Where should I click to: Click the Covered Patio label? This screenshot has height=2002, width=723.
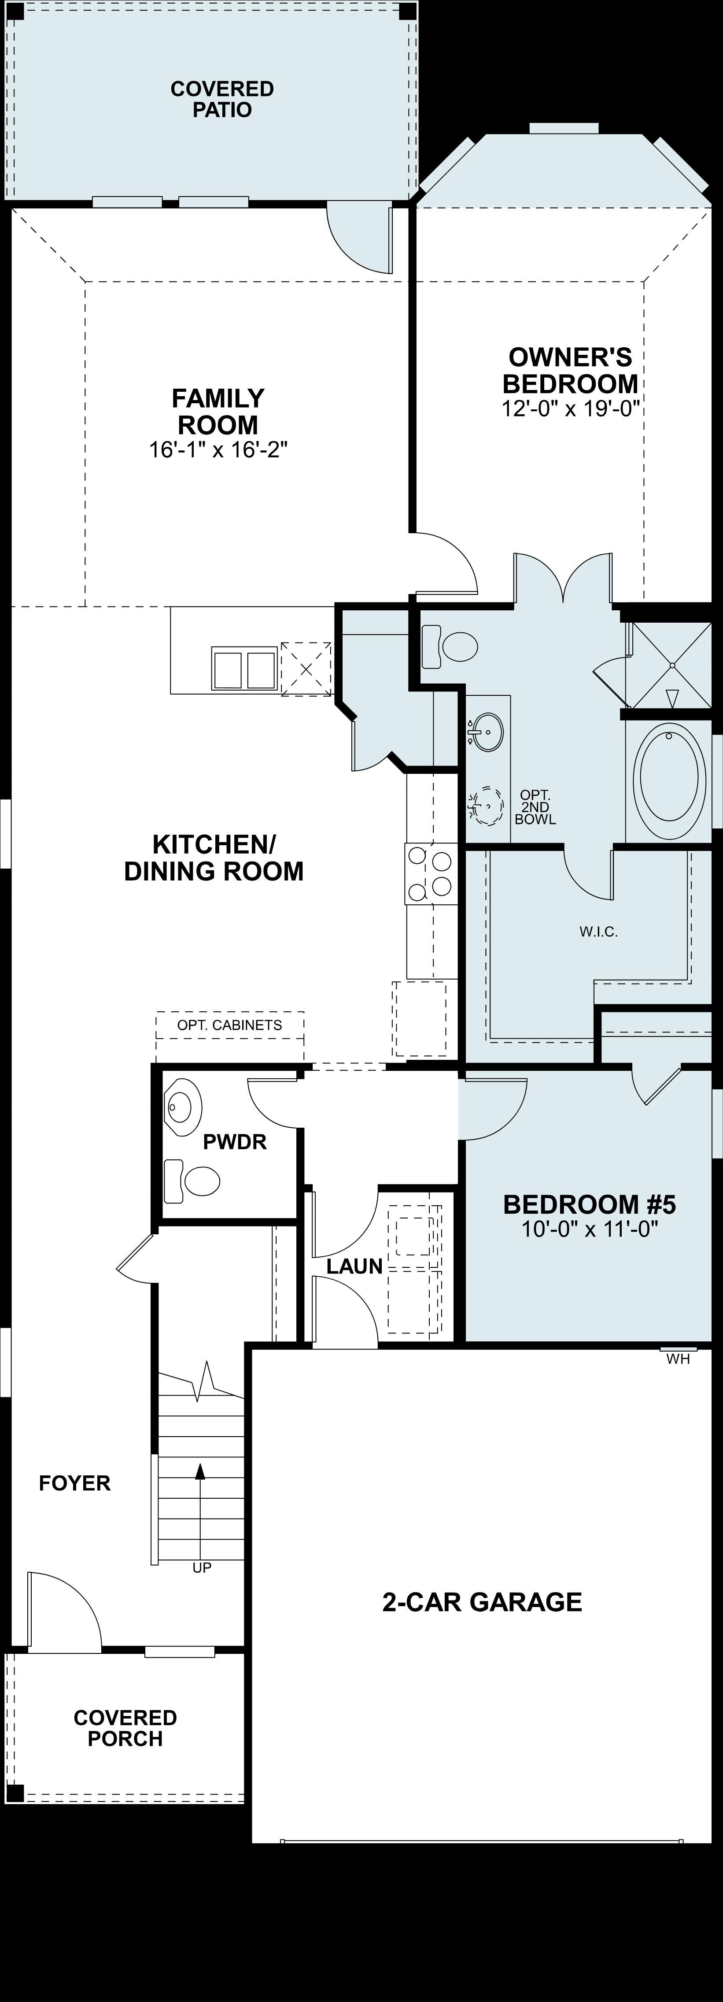pyautogui.click(x=222, y=100)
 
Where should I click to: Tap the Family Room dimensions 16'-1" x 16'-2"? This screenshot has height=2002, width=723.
pyautogui.click(x=218, y=450)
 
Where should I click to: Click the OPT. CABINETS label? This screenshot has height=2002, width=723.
pyautogui.click(x=230, y=1025)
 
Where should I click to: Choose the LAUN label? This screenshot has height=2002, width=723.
pyautogui.click(x=354, y=1266)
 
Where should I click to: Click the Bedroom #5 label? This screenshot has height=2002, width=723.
pyautogui.click(x=590, y=1204)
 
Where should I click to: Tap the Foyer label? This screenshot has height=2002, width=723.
pyautogui.click(x=74, y=1483)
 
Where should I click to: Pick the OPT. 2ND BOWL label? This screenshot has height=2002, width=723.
pyautogui.click(x=535, y=807)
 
